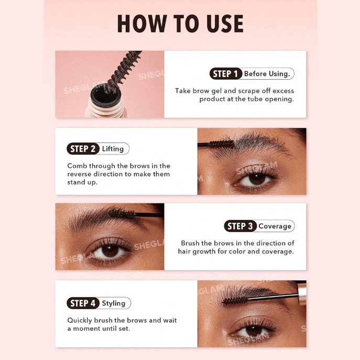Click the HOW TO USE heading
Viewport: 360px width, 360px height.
pos(180,24)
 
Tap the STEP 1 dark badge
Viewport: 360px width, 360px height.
pos(226,74)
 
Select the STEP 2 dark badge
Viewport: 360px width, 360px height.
pos(83,149)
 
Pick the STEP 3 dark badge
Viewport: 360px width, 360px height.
pos(240,226)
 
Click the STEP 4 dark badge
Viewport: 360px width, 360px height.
pos(83,303)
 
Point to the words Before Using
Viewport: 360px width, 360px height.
pos(267,74)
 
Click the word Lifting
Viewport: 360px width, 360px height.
pos(113,149)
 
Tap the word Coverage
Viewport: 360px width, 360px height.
pos(275,226)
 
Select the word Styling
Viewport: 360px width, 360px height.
pos(114,303)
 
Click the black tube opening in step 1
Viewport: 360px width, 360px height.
pos(106,95)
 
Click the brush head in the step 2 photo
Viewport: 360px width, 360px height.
pos(222,144)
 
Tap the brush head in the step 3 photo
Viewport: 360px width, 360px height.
pos(122,214)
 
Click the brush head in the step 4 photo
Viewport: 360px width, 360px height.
pos(235,300)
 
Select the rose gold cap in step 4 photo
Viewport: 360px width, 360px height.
pos(302,293)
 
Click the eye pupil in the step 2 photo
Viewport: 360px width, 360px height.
pos(257,179)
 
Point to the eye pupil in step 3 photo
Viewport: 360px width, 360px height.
pos(110,250)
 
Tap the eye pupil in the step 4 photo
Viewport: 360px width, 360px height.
pos(254,331)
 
